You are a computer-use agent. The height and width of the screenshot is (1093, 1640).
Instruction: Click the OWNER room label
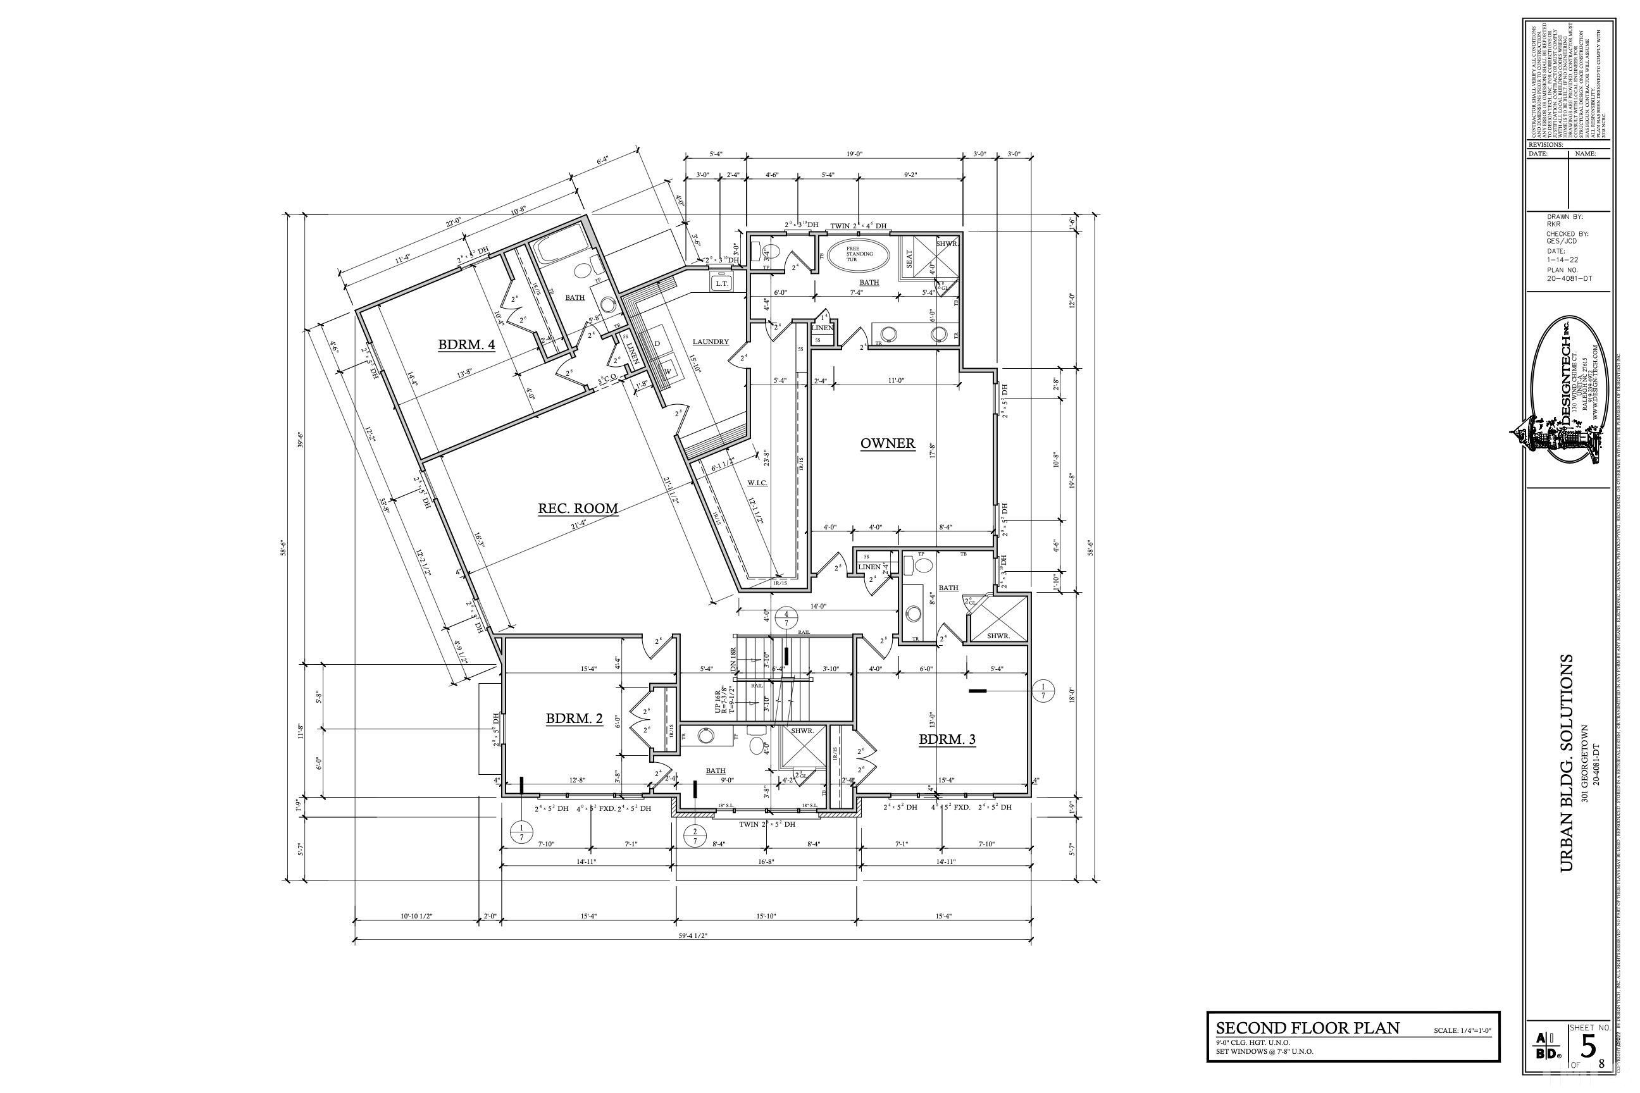pyautogui.click(x=887, y=443)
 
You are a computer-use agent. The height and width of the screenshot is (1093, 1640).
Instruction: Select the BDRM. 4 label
pyautogui.click(x=466, y=344)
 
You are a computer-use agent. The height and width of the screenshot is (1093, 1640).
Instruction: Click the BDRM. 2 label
pyautogui.click(x=574, y=719)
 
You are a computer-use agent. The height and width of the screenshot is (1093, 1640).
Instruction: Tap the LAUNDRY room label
pyautogui.click(x=711, y=342)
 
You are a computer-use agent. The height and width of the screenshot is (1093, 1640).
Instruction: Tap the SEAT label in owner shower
pyautogui.click(x=909, y=259)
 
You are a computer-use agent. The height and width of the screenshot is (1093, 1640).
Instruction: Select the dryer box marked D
pyautogui.click(x=657, y=343)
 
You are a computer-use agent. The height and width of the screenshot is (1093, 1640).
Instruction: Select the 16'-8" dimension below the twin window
pyautogui.click(x=766, y=861)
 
